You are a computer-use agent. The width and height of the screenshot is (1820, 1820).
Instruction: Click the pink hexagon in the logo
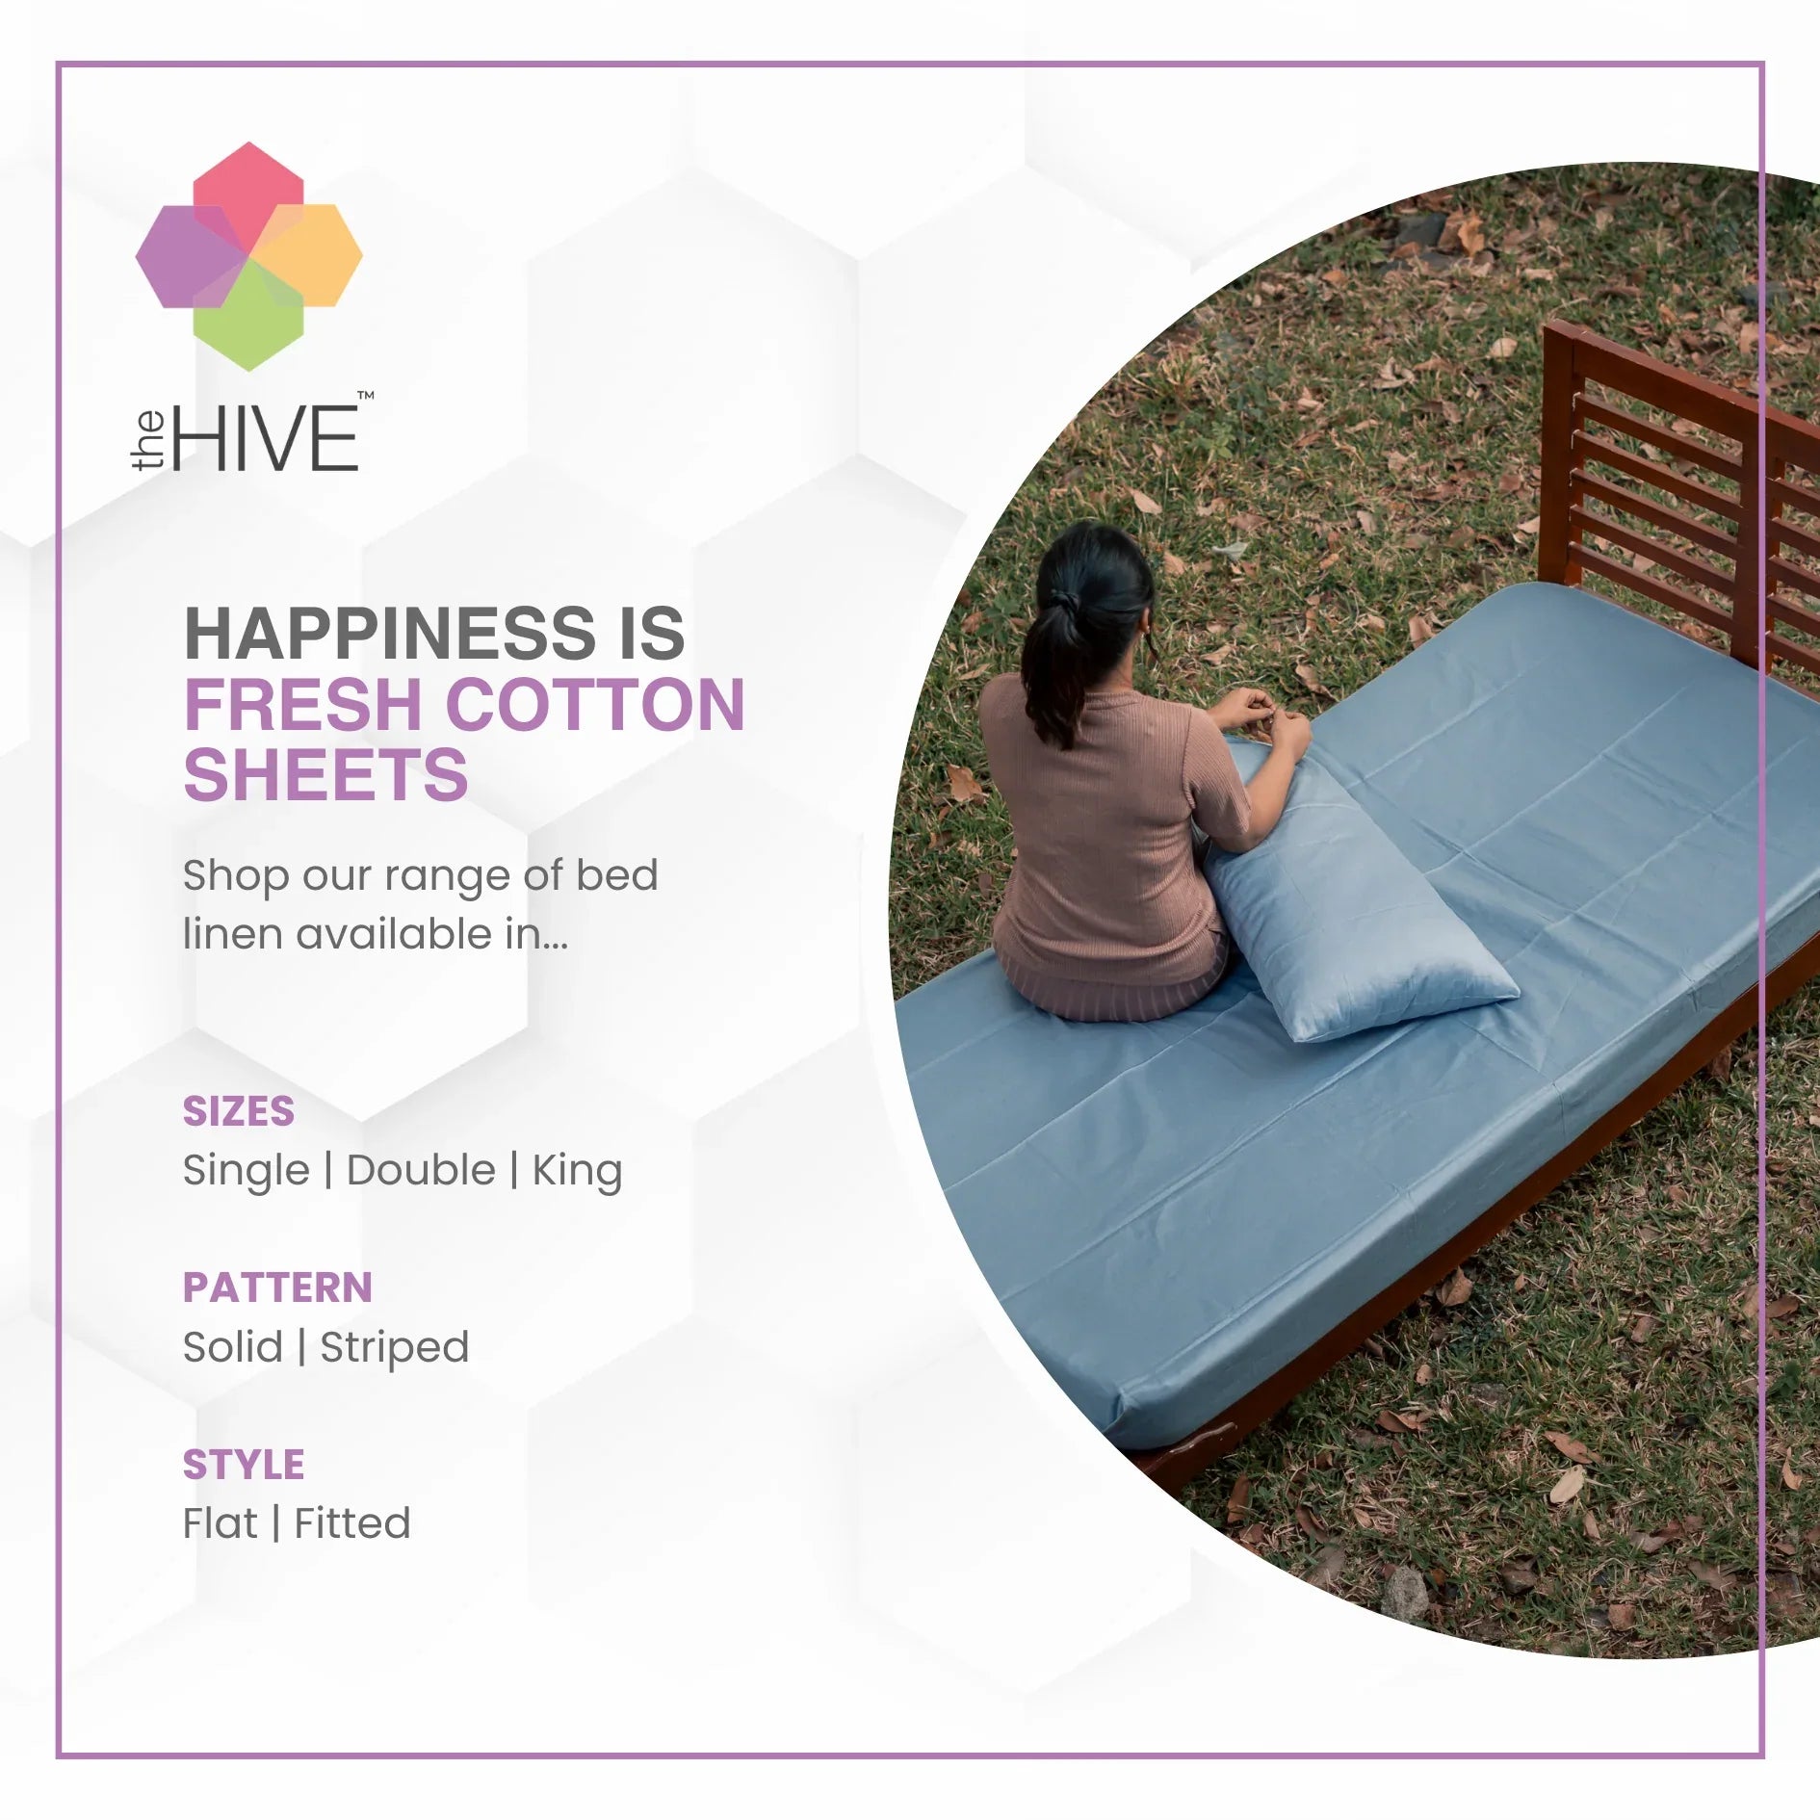point(248,198)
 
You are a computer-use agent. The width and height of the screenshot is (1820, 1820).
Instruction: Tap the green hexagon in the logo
point(248,315)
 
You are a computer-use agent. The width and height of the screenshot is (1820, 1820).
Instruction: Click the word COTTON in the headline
point(596,705)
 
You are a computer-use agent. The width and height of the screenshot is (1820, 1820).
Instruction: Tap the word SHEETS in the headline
point(325,776)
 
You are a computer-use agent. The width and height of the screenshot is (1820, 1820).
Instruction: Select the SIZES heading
point(239,1111)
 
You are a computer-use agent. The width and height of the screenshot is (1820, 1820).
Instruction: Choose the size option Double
point(421,1171)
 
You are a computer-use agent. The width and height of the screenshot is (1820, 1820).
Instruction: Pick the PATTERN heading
point(277,1287)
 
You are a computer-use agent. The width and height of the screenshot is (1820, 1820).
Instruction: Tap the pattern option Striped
point(395,1348)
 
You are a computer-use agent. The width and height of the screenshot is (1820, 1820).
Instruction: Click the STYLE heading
point(244,1465)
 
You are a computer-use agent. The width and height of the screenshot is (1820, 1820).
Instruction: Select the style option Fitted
point(352,1523)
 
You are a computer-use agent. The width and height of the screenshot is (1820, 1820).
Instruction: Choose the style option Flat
point(221,1523)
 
